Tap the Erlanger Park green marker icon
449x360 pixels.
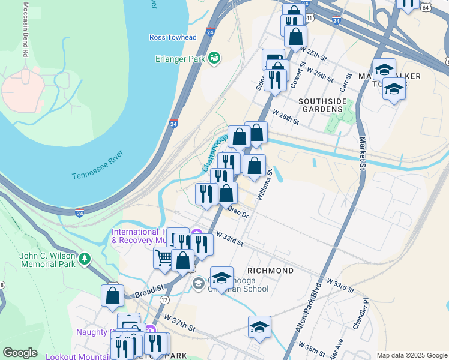(x=214, y=58)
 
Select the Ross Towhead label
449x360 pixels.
(x=173, y=37)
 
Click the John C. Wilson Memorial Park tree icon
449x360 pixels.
(x=85, y=259)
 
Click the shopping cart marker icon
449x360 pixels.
(x=163, y=258)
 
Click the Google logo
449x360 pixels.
(x=20, y=353)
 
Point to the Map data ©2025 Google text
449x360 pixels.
(x=411, y=355)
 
